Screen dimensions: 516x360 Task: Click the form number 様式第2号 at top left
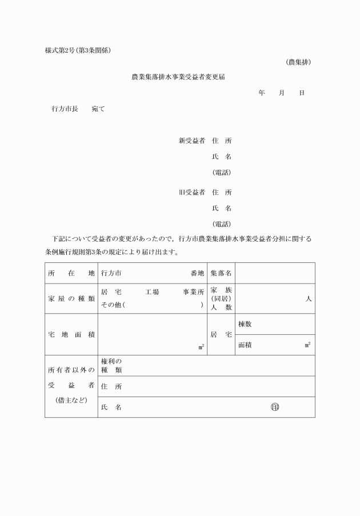[60, 50]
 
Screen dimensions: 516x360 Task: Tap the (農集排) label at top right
[298, 62]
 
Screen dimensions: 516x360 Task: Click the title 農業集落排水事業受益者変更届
[178, 76]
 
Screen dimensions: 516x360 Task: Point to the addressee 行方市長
[65, 108]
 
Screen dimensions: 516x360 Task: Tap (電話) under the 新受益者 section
[222, 172]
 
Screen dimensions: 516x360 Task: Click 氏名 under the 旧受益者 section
[222, 208]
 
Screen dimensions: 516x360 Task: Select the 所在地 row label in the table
[71, 273]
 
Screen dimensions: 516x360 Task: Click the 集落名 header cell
[221, 273]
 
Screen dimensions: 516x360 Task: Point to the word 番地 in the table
[197, 273]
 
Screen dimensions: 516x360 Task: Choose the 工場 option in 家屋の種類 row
[152, 292]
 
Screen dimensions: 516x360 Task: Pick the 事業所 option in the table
[193, 292]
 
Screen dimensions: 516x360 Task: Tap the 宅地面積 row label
[71, 334]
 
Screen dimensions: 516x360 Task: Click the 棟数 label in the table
[245, 324]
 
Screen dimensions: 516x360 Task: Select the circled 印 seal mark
[275, 407]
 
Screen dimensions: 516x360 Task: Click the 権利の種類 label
[111, 366]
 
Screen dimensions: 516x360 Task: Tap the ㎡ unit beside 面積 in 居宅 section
[307, 345]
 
